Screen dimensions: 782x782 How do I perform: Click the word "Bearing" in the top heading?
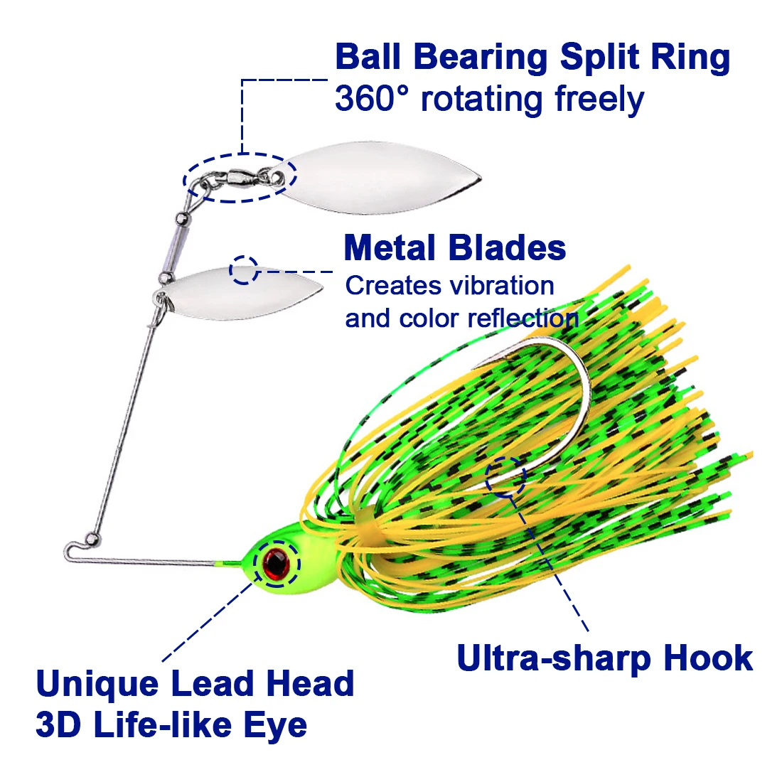pyautogui.click(x=481, y=57)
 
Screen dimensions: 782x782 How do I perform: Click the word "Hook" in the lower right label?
pyautogui.click(x=708, y=658)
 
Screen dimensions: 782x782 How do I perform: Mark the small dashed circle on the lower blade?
pyautogui.click(x=244, y=270)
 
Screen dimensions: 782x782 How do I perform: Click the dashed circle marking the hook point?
pyautogui.click(x=505, y=476)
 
